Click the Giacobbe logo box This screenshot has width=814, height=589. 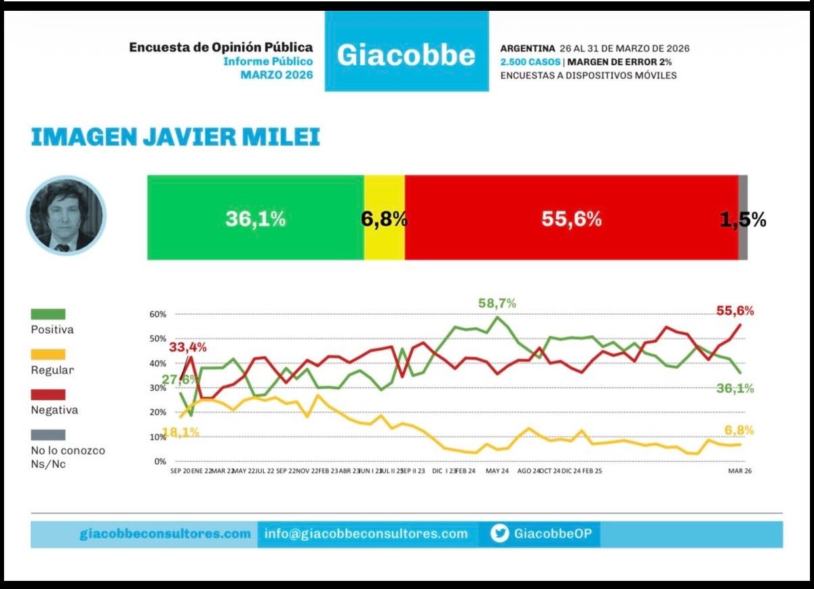pyautogui.click(x=406, y=53)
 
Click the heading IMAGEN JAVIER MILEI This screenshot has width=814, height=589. pyautogui.click(x=175, y=136)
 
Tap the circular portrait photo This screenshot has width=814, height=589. pyautogui.click(x=66, y=216)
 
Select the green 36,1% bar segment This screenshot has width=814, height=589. pyautogui.click(x=255, y=218)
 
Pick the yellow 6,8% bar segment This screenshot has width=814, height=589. pyautogui.click(x=384, y=218)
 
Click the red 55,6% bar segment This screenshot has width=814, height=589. pyautogui.click(x=571, y=218)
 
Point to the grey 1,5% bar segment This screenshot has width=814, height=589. pyautogui.click(x=743, y=218)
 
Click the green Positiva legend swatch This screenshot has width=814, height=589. pyautogui.click(x=48, y=314)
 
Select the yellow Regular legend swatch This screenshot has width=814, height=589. pyautogui.click(x=48, y=354)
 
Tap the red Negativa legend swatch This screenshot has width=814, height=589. pyautogui.click(x=48, y=394)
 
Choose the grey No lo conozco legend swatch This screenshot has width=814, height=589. pyautogui.click(x=48, y=434)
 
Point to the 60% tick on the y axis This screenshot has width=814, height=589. pyautogui.click(x=157, y=315)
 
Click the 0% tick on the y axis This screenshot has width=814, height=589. pyautogui.click(x=160, y=461)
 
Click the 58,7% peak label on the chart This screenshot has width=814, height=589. pyautogui.click(x=496, y=303)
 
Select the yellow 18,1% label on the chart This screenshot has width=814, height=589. pyautogui.click(x=180, y=432)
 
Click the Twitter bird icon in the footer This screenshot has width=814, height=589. pyautogui.click(x=499, y=534)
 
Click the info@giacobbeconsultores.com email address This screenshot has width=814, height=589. pyautogui.click(x=366, y=534)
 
